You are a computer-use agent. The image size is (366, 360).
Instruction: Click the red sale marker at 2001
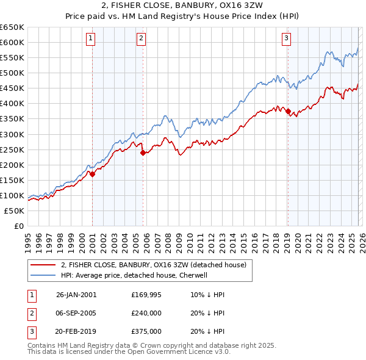coord(93,174)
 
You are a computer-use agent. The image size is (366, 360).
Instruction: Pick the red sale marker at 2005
coord(143,153)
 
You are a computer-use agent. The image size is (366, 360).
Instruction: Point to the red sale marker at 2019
coord(288,111)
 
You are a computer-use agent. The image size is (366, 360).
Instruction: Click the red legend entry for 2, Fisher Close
coord(153,265)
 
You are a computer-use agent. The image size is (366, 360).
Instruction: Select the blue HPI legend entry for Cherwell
coord(134,275)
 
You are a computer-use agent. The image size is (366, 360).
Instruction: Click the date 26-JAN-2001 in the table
coord(76,295)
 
